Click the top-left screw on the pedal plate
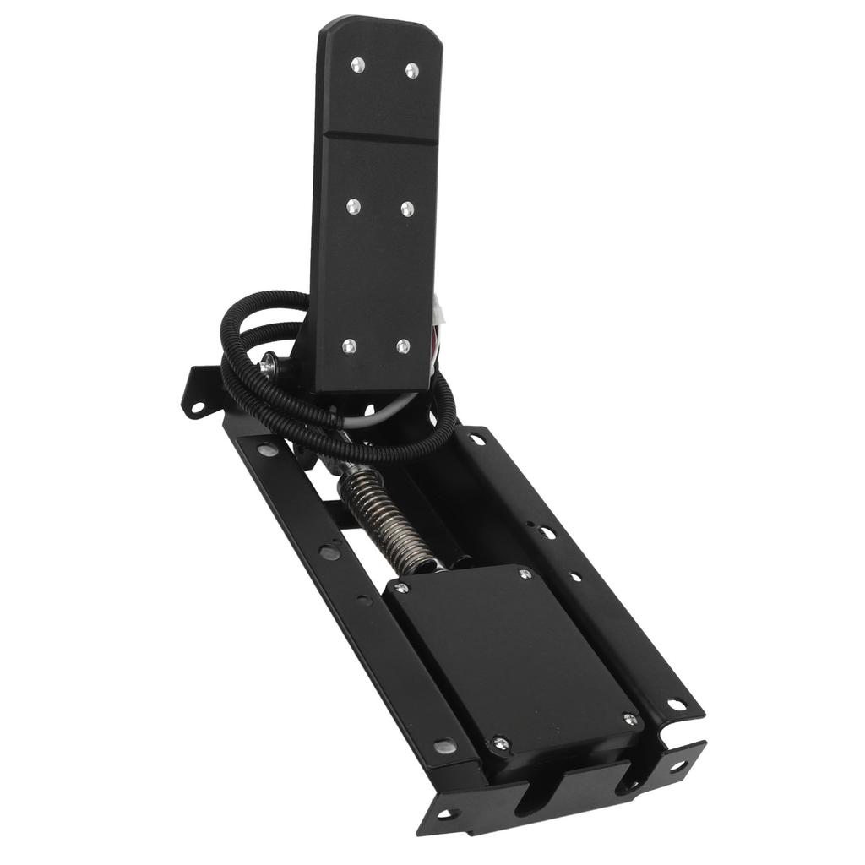tap(357, 65)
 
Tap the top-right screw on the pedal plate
tap(411, 71)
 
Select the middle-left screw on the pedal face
tap(353, 206)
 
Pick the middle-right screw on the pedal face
tap(407, 209)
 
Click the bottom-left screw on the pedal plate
tap(349, 345)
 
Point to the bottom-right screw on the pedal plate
tap(403, 346)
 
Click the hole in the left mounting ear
tap(197, 407)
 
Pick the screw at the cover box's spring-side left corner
tap(402, 587)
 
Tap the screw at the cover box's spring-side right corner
tap(525, 574)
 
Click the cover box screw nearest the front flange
tap(501, 743)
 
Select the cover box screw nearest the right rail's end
tap(629, 719)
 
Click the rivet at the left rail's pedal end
tap(266, 450)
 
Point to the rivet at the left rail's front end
tap(444, 746)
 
